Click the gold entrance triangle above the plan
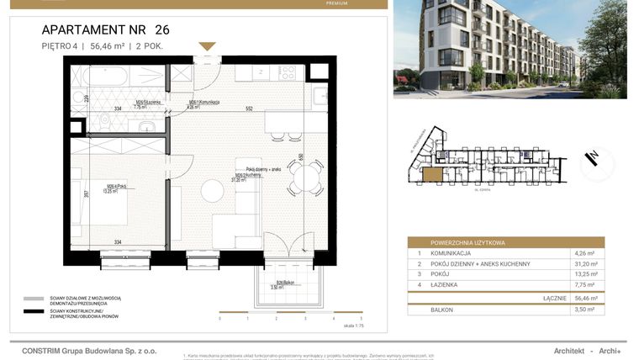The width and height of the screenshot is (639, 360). [x=207, y=46]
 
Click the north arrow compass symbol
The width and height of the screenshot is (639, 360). [x=595, y=157]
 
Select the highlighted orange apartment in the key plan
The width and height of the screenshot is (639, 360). [x=431, y=175]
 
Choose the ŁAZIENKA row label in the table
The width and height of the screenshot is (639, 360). [x=446, y=285]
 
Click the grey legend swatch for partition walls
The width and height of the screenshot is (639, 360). [x=34, y=299]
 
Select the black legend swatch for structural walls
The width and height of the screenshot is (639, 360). [x=34, y=312]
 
